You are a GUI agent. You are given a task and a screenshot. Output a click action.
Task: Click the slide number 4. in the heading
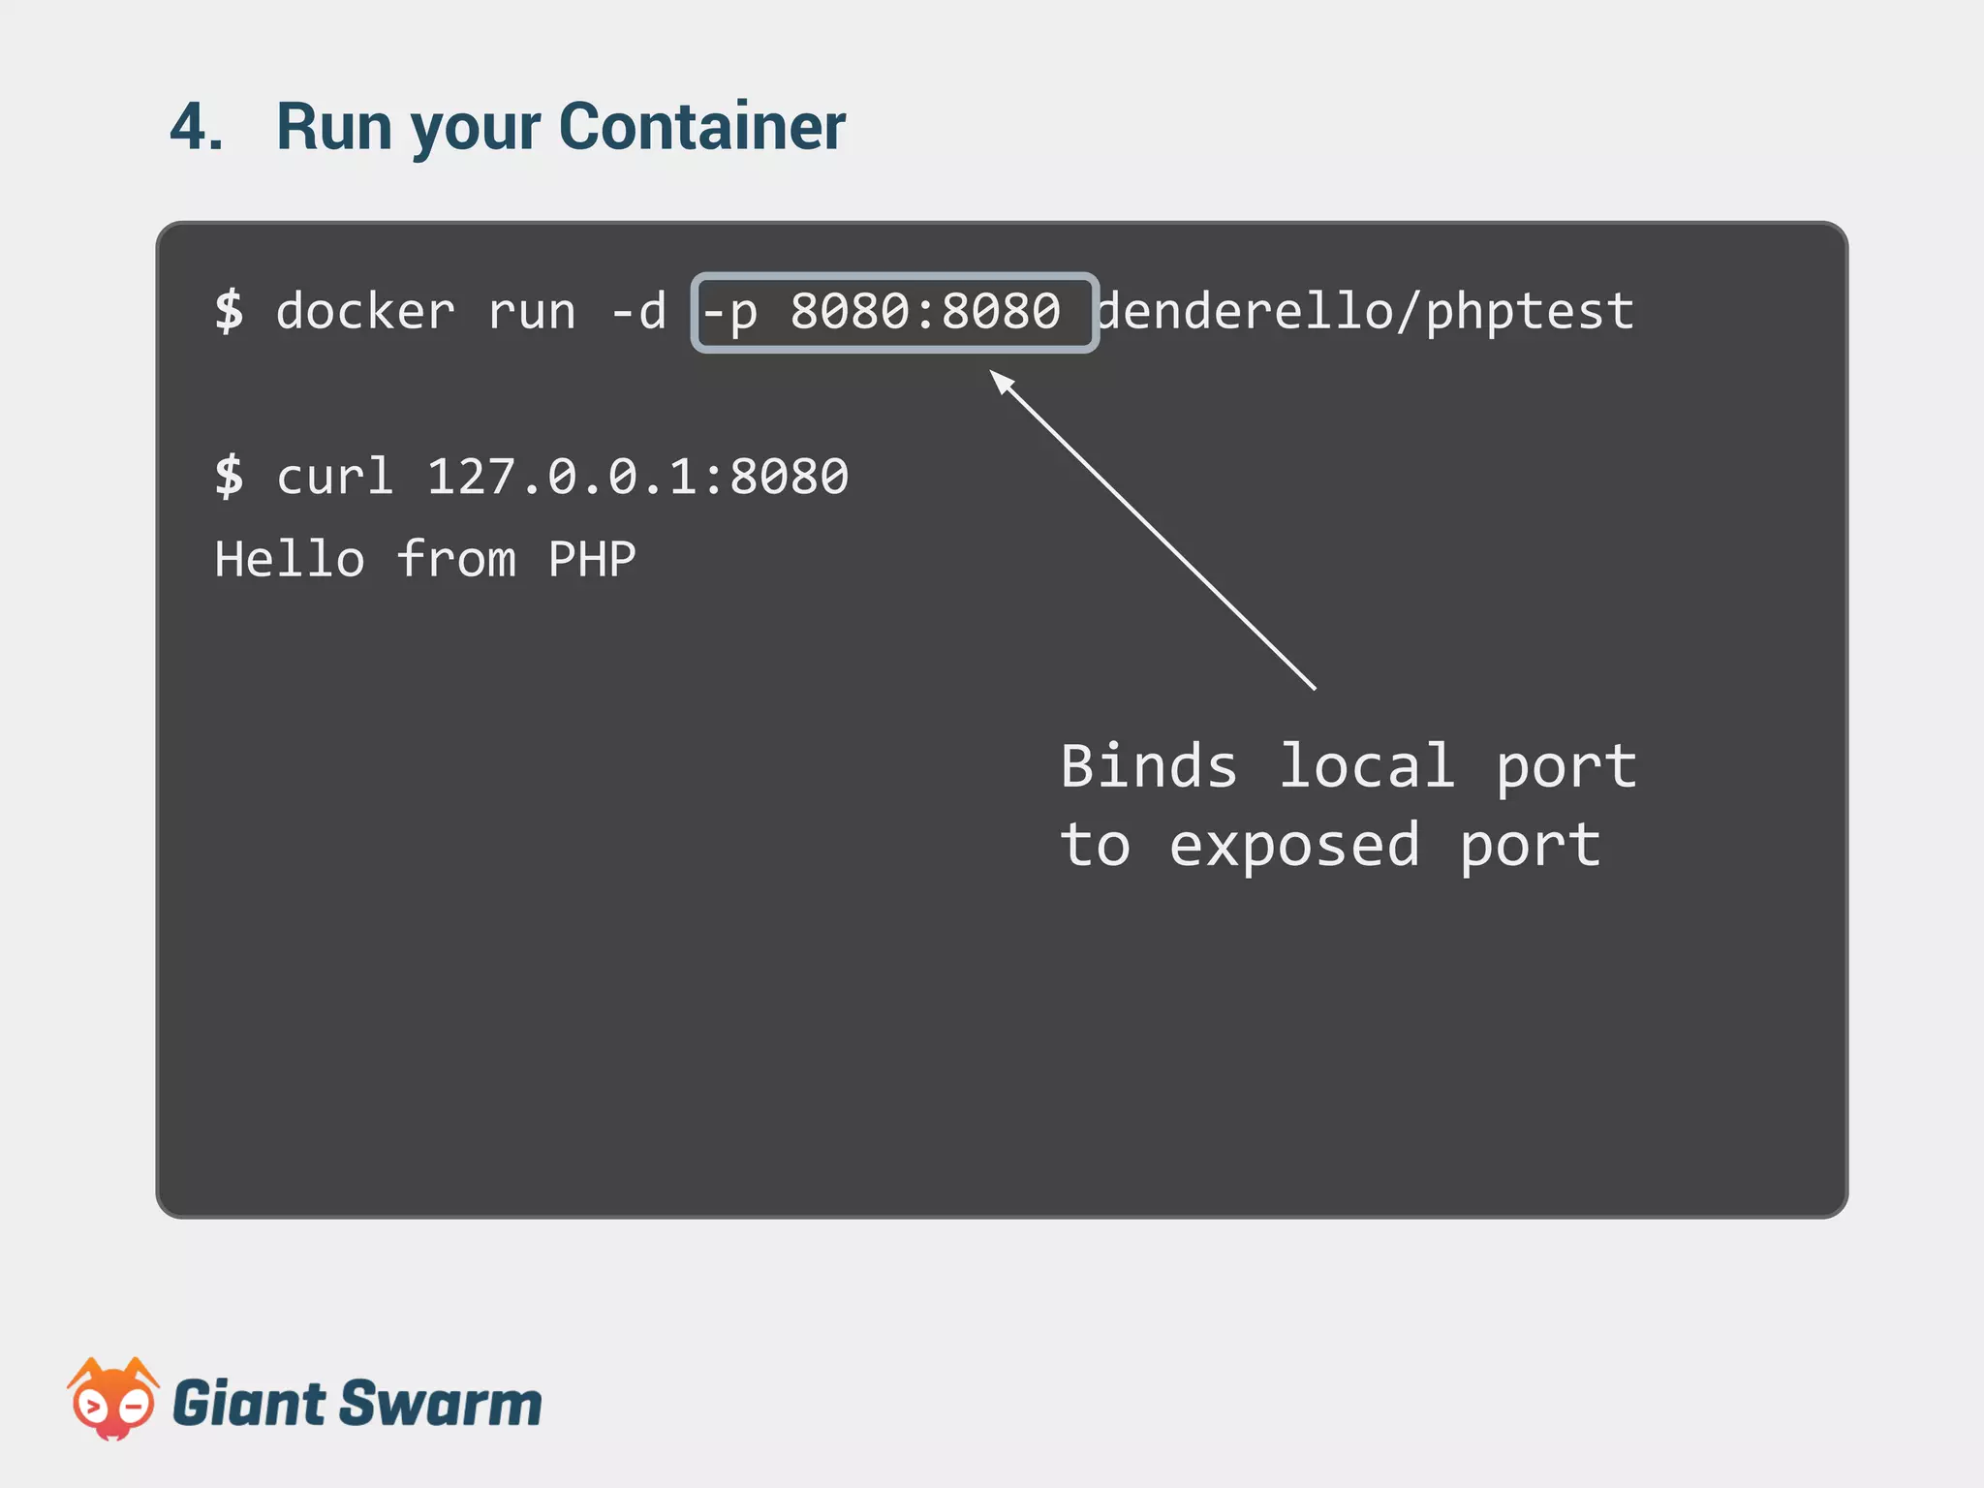click(197, 127)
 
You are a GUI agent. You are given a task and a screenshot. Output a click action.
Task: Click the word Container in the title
click(702, 127)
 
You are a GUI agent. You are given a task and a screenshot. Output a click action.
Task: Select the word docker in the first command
click(365, 312)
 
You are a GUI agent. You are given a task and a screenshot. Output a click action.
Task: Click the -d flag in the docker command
click(638, 312)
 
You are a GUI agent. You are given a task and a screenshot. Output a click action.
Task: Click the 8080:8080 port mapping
click(925, 312)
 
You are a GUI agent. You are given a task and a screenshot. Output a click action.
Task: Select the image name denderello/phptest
click(1366, 312)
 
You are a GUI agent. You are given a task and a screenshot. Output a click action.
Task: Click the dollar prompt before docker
click(230, 312)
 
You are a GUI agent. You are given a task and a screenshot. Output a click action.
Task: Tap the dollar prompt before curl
click(230, 477)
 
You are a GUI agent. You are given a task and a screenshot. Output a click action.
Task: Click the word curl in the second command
click(335, 477)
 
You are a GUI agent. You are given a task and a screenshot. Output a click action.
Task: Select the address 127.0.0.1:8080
click(637, 477)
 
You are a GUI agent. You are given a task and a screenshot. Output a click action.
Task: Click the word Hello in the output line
click(290, 560)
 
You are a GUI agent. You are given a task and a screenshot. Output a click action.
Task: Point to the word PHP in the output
click(592, 560)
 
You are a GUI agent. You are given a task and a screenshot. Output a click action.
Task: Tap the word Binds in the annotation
click(1149, 766)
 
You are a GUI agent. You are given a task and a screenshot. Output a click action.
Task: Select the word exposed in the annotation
click(1294, 846)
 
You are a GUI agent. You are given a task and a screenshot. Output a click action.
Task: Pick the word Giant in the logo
click(249, 1404)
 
